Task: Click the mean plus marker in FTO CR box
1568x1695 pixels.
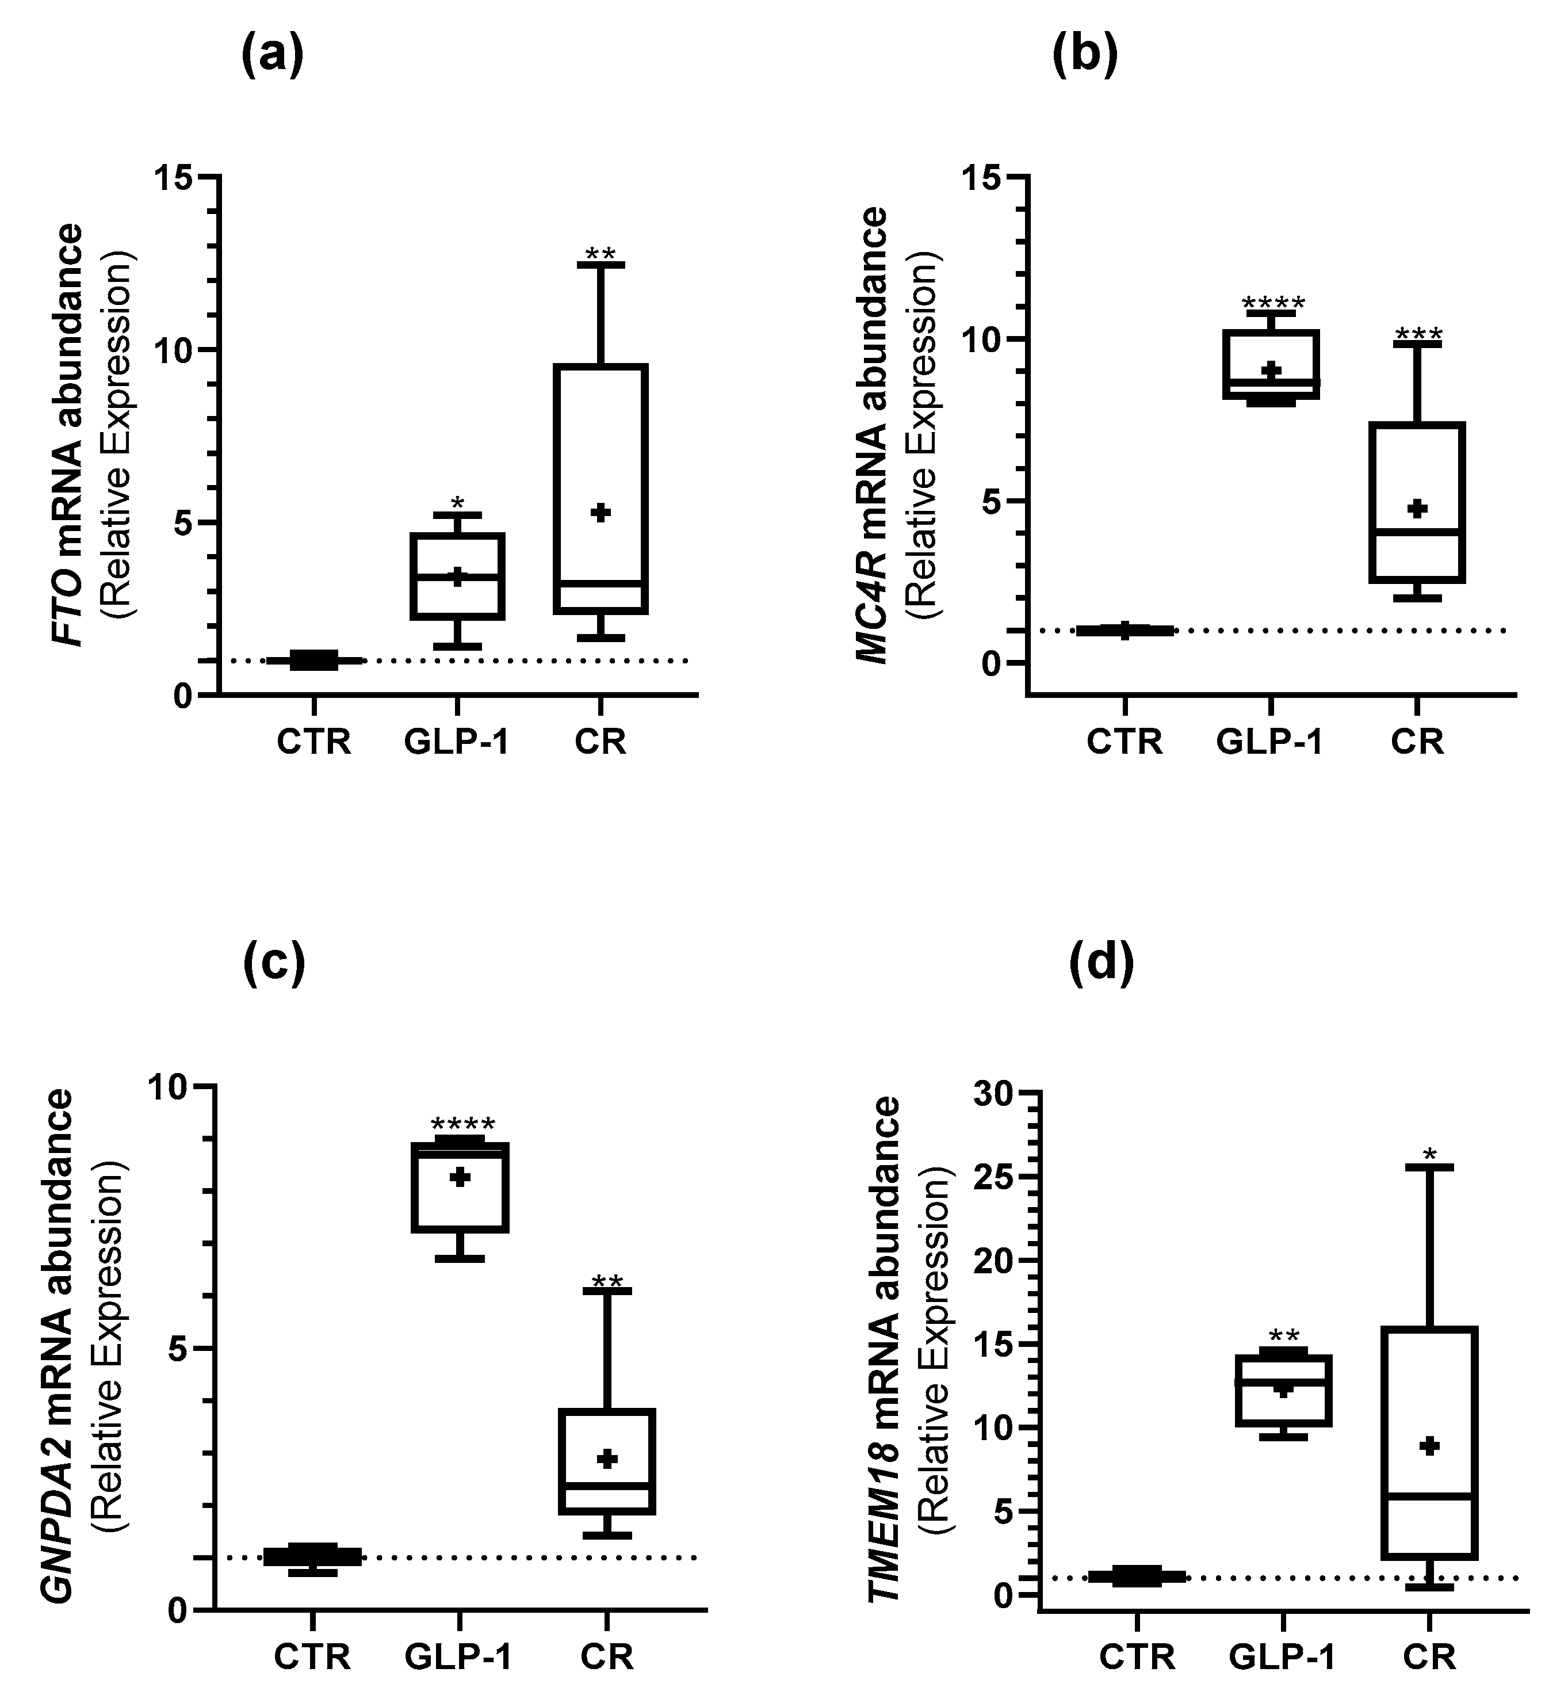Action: [601, 512]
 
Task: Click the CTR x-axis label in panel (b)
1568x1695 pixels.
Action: [1125, 741]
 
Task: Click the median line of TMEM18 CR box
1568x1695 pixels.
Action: [1430, 1495]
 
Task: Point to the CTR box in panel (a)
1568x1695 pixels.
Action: [314, 659]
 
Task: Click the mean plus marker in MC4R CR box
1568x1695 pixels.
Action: [1417, 509]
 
